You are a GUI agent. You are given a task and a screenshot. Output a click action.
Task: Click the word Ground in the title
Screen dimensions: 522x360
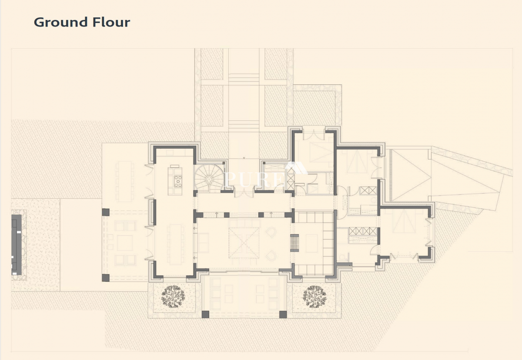pyautogui.click(x=60, y=23)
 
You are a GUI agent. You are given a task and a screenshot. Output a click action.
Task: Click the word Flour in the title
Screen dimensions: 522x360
pyautogui.click(x=111, y=22)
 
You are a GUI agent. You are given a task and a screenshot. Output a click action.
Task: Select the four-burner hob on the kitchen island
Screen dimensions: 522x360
pyautogui.click(x=178, y=181)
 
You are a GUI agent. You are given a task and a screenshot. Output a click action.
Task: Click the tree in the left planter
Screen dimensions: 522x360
pyautogui.click(x=173, y=297)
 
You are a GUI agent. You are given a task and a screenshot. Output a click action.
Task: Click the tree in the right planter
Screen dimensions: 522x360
pyautogui.click(x=315, y=297)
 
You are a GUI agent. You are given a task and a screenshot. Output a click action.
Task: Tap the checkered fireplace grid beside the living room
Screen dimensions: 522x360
pyautogui.click(x=294, y=243)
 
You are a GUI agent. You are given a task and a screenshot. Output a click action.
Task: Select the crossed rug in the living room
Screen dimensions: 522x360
pyautogui.click(x=244, y=243)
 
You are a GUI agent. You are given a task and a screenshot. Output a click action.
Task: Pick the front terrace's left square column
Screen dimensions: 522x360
pyautogui.click(x=205, y=314)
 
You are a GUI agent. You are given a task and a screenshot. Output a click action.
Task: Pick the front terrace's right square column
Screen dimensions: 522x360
pyautogui.click(x=283, y=314)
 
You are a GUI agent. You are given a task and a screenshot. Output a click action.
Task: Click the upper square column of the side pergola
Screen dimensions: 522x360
pyautogui.click(x=106, y=212)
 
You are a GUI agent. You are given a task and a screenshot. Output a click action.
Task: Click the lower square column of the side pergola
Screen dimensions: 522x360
pyautogui.click(x=106, y=277)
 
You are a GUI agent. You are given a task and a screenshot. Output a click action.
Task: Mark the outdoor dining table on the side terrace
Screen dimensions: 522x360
pyautogui.click(x=125, y=182)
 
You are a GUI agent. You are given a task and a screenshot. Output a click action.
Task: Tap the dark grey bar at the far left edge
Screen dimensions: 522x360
pyautogui.click(x=17, y=245)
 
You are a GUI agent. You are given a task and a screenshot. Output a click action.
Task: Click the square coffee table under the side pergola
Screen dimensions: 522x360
pyautogui.click(x=125, y=243)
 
